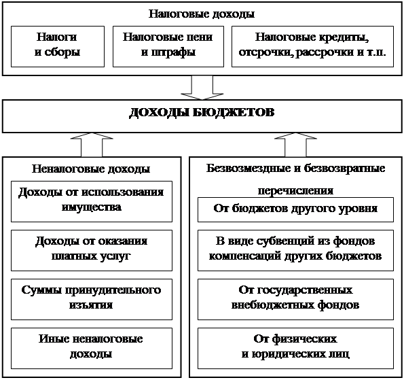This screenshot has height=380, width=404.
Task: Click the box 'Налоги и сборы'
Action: pyautogui.click(x=58, y=46)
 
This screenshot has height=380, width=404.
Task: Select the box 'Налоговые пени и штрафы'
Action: pyautogui.click(x=168, y=46)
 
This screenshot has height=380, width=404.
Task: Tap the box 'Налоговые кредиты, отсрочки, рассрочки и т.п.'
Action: pyautogui.click(x=312, y=46)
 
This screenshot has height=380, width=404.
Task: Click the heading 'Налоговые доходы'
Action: pyautogui.click(x=202, y=14)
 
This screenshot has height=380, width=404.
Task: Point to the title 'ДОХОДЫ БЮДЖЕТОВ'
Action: pyautogui.click(x=202, y=112)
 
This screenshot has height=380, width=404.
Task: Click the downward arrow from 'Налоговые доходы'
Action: pyautogui.click(x=202, y=88)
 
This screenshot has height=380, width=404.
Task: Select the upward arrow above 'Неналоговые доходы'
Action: pyautogui.click(x=92, y=145)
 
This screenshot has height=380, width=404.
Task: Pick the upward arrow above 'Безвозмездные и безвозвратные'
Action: pyautogui.click(x=295, y=145)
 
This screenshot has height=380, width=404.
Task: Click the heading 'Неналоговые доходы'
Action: pyautogui.click(x=91, y=169)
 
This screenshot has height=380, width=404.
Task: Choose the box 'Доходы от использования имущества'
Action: pyautogui.click(x=92, y=201)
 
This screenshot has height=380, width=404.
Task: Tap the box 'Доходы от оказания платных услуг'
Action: pyautogui.click(x=92, y=250)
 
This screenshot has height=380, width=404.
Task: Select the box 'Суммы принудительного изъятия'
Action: pyautogui.click(x=92, y=299)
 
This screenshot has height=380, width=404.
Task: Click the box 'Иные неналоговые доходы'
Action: pyautogui.click(x=92, y=348)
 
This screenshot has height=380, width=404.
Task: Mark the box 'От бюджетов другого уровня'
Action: pyautogui.click(x=295, y=210)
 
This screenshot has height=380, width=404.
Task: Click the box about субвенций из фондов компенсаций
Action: pyautogui.click(x=295, y=250)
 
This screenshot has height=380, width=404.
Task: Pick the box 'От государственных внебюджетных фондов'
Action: pyautogui.click(x=295, y=299)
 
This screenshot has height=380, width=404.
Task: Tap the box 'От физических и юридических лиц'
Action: pyautogui.click(x=295, y=348)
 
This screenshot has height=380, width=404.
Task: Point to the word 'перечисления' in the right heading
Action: pyautogui.click(x=295, y=191)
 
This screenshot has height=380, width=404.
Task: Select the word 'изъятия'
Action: pyautogui.click(x=91, y=305)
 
